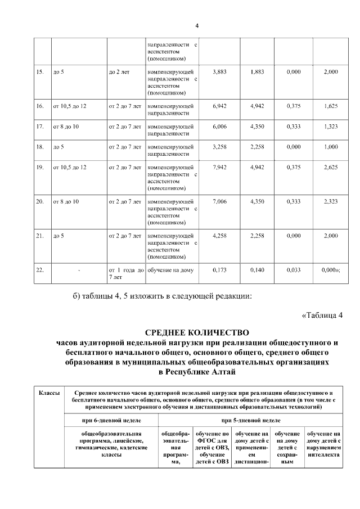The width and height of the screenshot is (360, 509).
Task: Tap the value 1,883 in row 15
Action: (256, 72)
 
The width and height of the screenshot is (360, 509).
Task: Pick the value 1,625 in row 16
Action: (331, 106)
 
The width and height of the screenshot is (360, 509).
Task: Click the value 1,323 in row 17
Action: (331, 127)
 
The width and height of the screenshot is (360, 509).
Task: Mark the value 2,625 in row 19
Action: (331, 168)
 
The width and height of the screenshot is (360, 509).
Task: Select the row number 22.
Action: (40, 270)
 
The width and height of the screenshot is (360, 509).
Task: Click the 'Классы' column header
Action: (49, 392)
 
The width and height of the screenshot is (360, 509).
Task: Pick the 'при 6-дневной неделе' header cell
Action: (112, 420)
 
